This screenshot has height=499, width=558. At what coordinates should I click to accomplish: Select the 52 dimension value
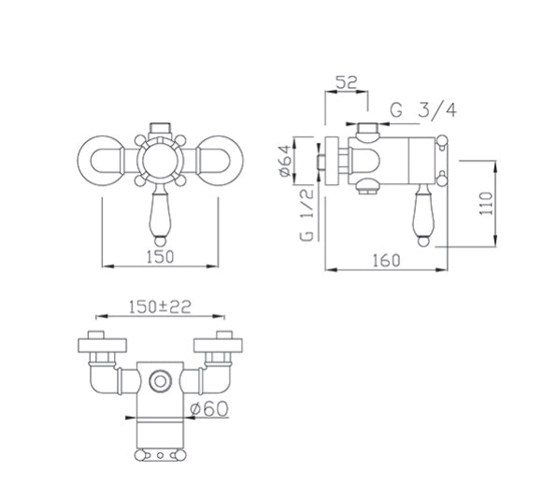[347, 82]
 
